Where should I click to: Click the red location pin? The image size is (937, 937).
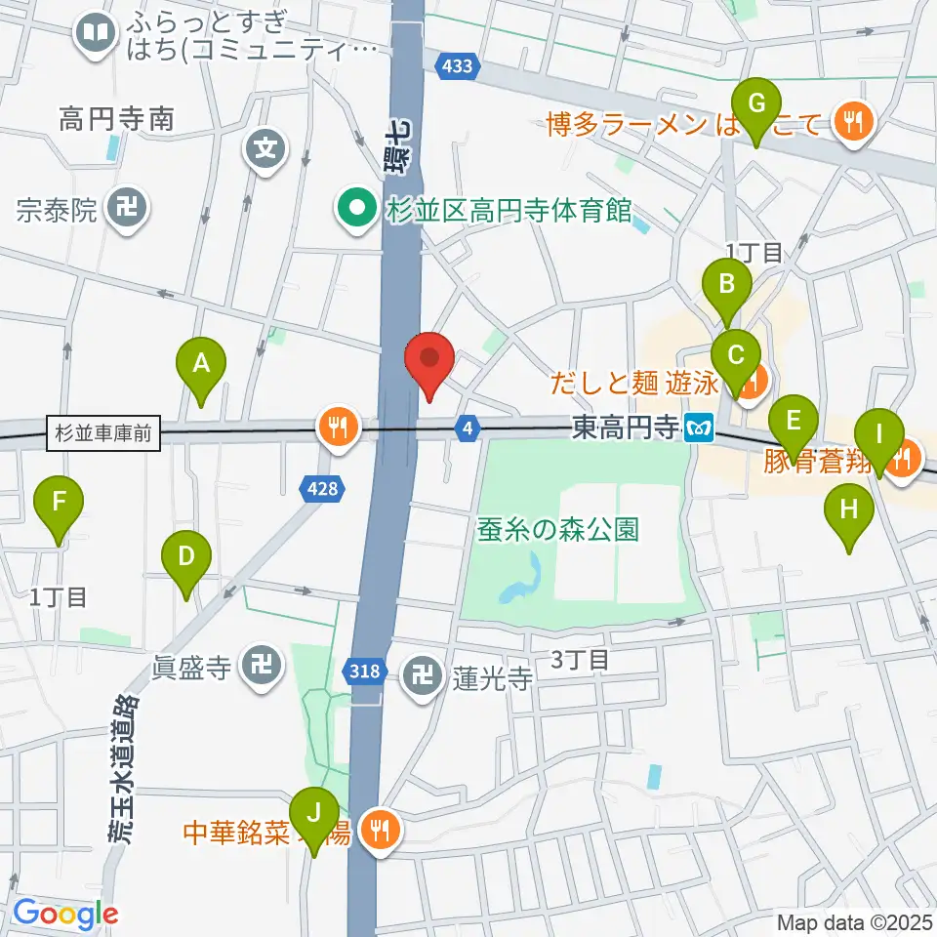(x=429, y=363)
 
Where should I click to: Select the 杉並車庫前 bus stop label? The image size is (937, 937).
(x=103, y=433)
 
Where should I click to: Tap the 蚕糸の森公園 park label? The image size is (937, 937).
(x=558, y=530)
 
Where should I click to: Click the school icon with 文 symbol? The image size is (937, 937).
(x=265, y=149)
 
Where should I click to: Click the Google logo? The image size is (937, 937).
(x=65, y=914)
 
